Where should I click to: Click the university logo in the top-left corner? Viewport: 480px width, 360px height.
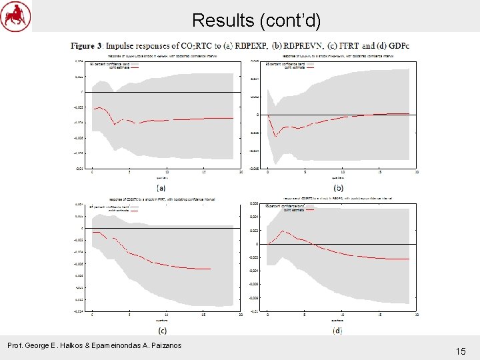point(16,16)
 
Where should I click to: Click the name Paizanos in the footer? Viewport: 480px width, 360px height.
point(161,345)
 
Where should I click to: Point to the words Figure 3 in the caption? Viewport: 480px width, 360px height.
point(87,46)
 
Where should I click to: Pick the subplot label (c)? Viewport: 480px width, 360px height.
point(162,330)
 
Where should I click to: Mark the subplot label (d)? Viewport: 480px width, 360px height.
point(338,330)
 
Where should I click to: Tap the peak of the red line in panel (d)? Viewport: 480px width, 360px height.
point(283,231)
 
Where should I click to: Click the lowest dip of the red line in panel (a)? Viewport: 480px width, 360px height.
point(115,124)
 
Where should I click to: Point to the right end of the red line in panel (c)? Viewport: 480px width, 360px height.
point(211,269)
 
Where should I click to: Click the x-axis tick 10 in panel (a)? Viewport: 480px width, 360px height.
point(167,173)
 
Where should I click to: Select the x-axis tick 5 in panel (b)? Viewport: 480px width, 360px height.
point(305,173)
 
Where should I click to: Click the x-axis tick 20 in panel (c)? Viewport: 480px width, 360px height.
point(241,314)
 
